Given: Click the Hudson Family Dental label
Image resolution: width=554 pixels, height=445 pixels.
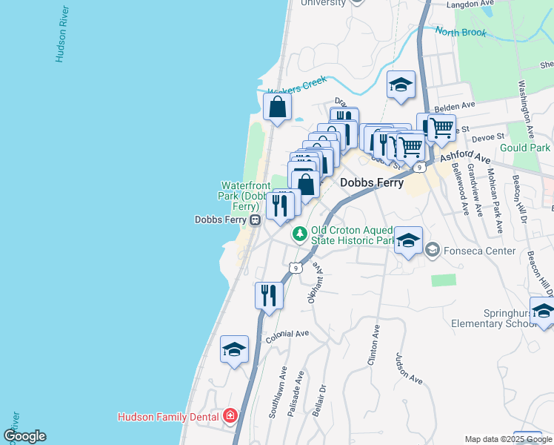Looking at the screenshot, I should [x=170, y=417].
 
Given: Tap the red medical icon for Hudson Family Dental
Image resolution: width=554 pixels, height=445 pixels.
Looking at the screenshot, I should [x=230, y=416].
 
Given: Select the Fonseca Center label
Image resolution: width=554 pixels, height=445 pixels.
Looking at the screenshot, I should [x=479, y=251].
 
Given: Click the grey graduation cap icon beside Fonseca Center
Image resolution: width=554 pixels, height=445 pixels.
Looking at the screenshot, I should [x=432, y=251].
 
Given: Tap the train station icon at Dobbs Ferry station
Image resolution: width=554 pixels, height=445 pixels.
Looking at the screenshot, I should [x=254, y=220].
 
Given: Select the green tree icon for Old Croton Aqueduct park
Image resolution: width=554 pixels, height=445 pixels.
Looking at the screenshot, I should [x=299, y=234].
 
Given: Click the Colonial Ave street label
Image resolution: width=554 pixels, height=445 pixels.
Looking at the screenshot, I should [x=287, y=334].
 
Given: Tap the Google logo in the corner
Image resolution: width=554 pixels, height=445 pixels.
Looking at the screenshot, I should [x=24, y=436].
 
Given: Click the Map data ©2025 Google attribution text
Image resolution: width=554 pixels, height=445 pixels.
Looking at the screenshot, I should [x=508, y=439].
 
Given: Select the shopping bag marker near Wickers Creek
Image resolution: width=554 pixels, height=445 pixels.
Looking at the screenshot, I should [x=276, y=108].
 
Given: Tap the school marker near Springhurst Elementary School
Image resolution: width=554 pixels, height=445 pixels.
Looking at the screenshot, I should [x=542, y=311].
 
